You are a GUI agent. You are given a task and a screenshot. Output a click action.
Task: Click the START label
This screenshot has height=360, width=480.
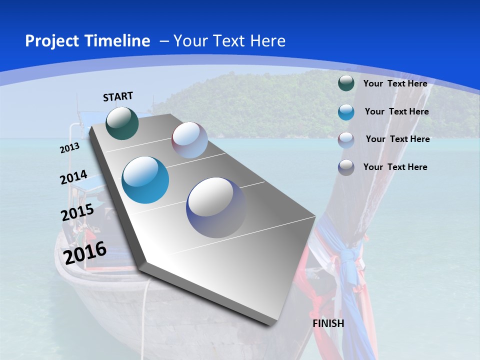click(118, 96)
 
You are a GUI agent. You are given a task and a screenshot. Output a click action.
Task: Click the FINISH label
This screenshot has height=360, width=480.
click(328, 323)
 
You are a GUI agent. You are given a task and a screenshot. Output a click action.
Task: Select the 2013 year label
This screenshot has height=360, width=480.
click(69, 148)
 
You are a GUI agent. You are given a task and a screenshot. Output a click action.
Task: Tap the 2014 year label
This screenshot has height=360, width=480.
click(73, 177)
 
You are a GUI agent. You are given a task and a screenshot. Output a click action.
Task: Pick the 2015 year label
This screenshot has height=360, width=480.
click(77, 212)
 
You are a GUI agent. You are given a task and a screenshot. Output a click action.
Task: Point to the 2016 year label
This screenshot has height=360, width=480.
click(85, 252)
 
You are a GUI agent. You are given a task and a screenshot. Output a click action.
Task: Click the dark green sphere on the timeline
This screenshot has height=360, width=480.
click(122, 123)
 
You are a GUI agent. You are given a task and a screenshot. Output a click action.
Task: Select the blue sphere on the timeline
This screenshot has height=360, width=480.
click(145, 180)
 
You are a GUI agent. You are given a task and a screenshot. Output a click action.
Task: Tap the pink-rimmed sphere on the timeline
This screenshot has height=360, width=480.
click(189, 140)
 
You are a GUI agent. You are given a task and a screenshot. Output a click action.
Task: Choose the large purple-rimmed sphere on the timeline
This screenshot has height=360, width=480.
click(216, 207)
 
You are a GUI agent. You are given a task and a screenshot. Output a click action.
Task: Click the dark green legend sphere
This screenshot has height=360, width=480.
click(346, 83)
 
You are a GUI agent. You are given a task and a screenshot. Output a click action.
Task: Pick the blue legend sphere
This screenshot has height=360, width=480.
click(346, 112)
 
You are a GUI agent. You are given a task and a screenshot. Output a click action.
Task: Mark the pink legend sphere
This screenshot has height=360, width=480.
click(346, 139)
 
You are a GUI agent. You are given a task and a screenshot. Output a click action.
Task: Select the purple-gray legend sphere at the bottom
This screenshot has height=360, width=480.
click(346, 167)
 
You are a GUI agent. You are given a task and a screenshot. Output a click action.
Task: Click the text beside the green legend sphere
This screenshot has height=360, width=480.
click(395, 83)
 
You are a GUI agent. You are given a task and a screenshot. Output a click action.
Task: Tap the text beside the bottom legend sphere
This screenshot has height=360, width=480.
click(395, 167)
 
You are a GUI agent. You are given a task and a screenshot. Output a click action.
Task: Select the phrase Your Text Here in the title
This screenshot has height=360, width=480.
click(229, 41)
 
